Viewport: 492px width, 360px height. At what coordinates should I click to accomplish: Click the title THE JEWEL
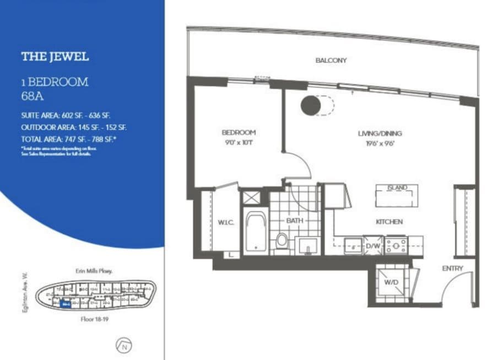point(55,56)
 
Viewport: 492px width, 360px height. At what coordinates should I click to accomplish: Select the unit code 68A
point(33,95)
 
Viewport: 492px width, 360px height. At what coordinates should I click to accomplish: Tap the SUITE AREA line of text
point(73,116)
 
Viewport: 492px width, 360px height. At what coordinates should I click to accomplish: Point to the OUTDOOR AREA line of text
point(74,127)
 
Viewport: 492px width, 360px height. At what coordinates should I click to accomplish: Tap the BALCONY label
point(331,60)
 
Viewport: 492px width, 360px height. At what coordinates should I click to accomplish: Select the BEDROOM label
point(239,132)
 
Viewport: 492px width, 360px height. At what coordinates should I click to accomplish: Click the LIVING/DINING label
point(380,133)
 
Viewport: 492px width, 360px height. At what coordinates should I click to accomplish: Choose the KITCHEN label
point(389,222)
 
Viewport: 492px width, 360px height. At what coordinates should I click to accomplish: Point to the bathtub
point(256,232)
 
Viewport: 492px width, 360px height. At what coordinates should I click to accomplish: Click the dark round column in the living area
point(310,106)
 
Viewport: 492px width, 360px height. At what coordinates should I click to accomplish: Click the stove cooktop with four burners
point(396,244)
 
